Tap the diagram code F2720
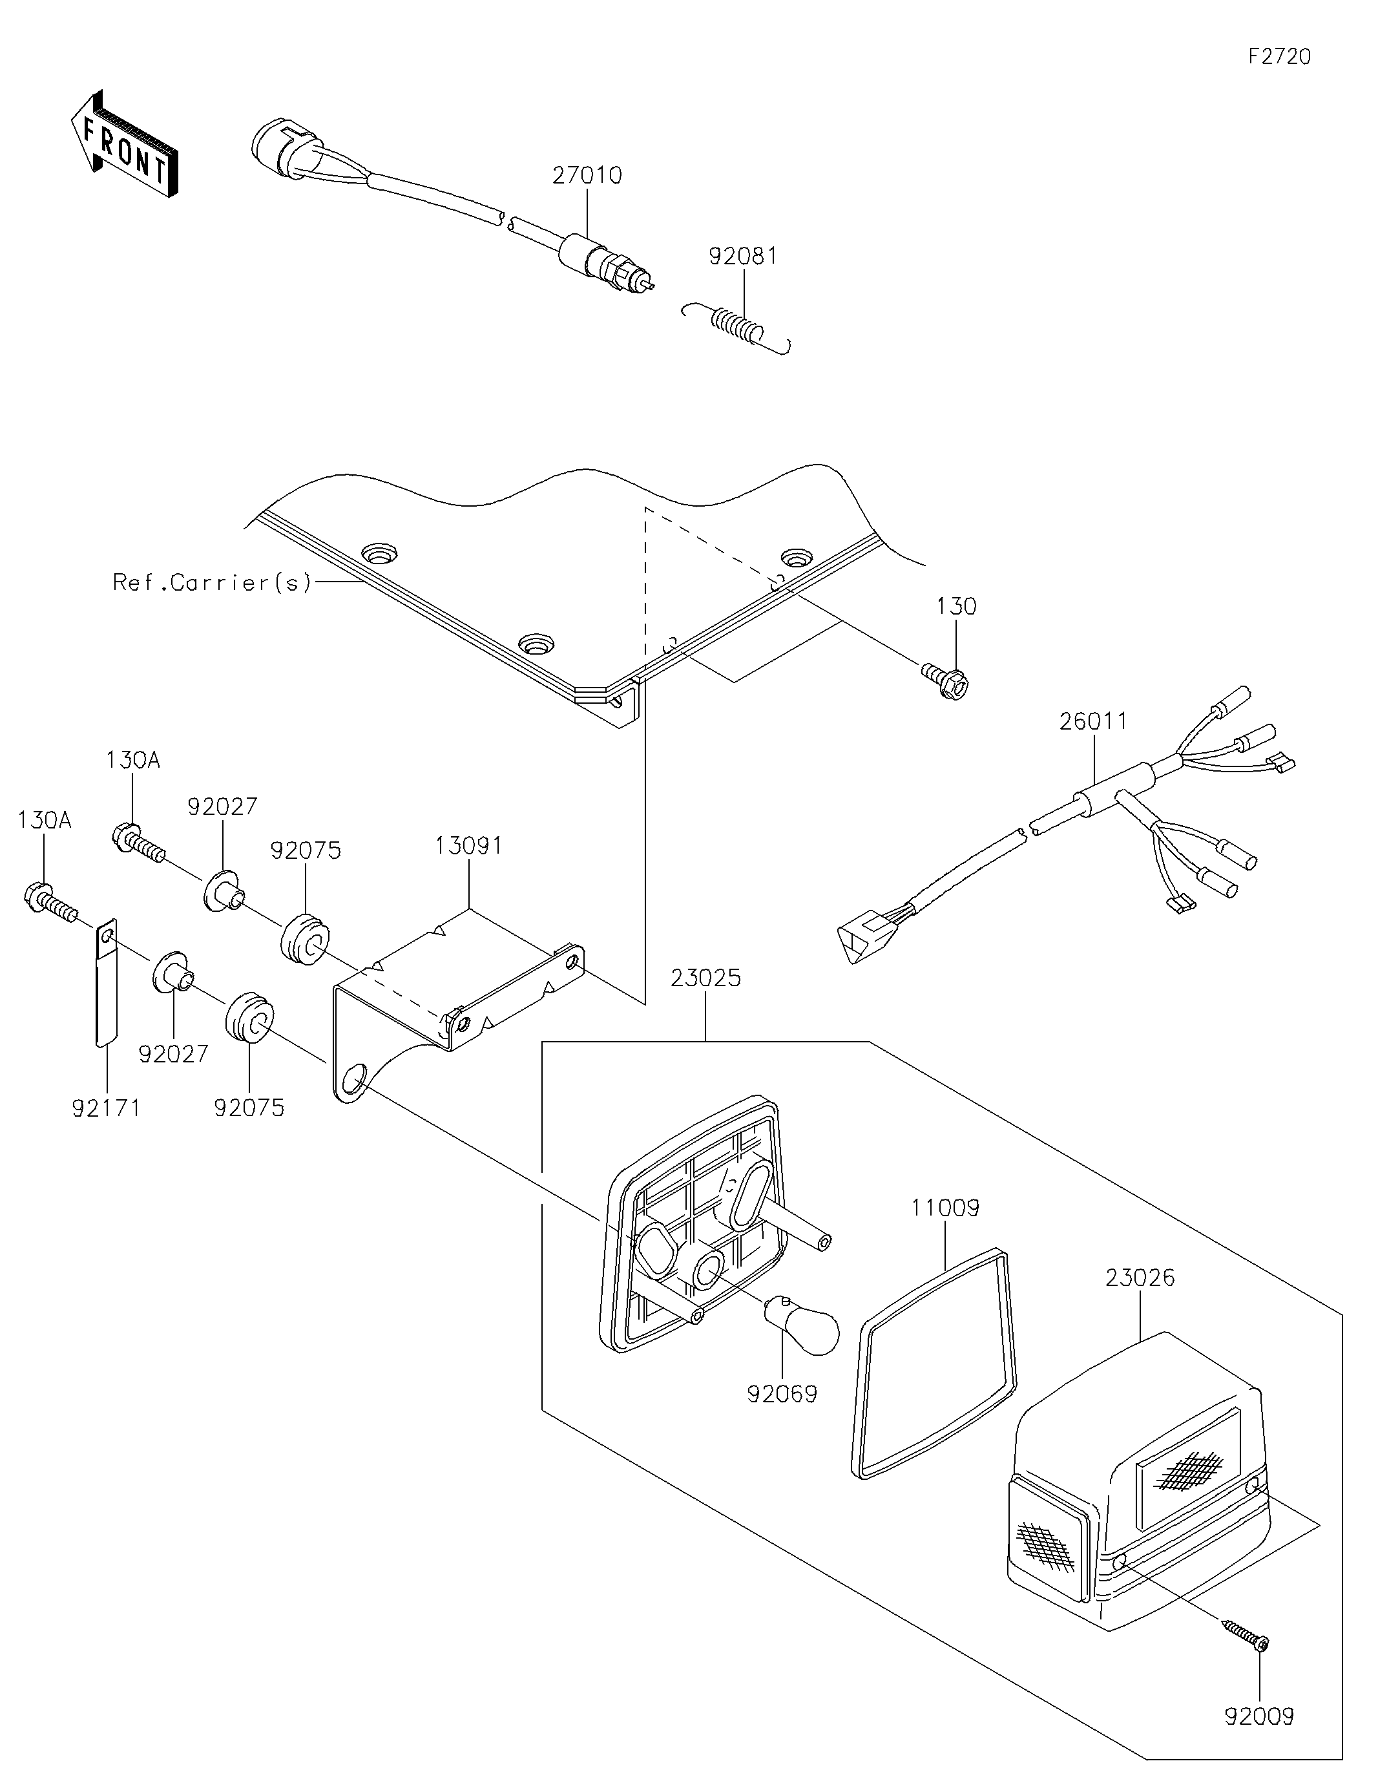click(x=1279, y=56)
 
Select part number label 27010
click(x=587, y=175)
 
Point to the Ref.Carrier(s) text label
click(x=212, y=582)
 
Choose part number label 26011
click(x=1094, y=721)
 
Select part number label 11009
click(x=945, y=1208)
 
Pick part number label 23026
click(x=1140, y=1278)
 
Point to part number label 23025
click(x=706, y=978)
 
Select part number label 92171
click(x=106, y=1108)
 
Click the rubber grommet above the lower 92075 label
click(x=249, y=1017)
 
